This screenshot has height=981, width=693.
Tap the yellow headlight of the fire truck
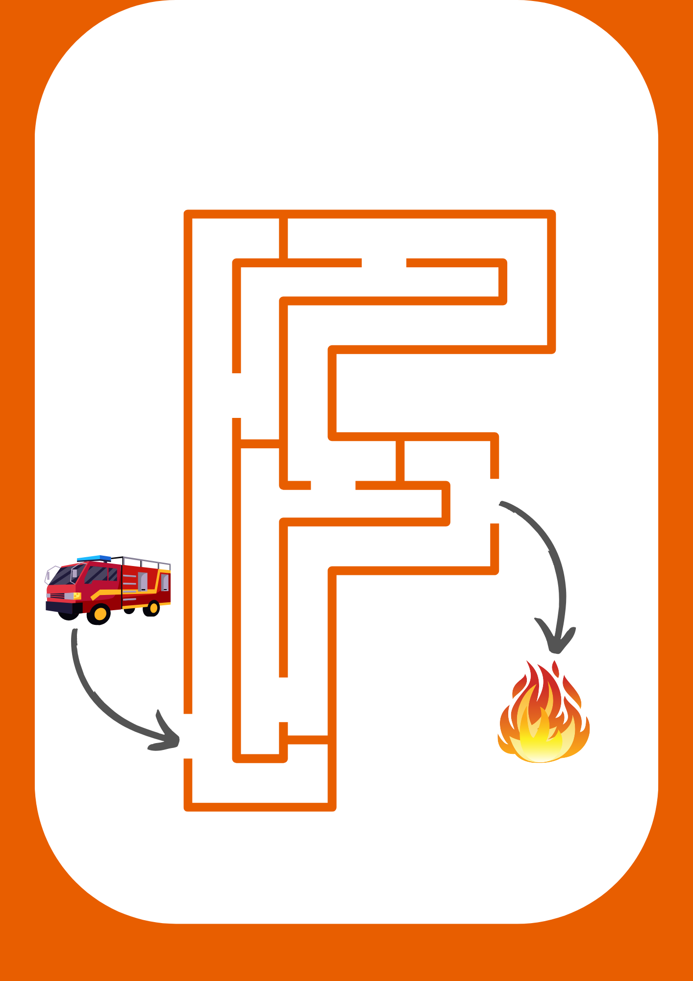pos(77,595)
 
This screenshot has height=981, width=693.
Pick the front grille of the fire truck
pos(57,596)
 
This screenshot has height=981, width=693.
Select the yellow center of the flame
pos(539,741)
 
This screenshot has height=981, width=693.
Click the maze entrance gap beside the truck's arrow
pos(188,736)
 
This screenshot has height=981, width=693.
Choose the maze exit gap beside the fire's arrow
pos(495,501)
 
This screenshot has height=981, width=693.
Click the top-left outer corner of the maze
pos(188,214)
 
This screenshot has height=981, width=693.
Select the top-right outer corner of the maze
pos(551,214)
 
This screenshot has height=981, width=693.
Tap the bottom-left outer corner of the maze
pos(188,807)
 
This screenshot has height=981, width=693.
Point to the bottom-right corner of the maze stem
pos(332,807)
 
